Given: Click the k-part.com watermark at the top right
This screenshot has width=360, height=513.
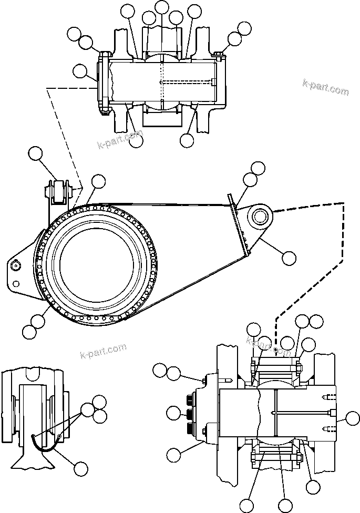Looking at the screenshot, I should pos(326,87).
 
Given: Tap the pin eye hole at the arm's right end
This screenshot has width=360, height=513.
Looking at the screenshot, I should pos(260,216).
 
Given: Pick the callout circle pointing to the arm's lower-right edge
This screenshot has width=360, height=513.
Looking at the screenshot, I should pos(289,258).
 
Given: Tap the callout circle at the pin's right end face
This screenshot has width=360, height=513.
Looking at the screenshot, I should pos(347,419).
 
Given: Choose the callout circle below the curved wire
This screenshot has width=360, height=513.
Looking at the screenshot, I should pos(80,468).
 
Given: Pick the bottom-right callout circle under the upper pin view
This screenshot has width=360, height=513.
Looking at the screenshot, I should pos(186,140).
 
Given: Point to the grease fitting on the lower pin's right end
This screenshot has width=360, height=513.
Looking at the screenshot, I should pos(330,413).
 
